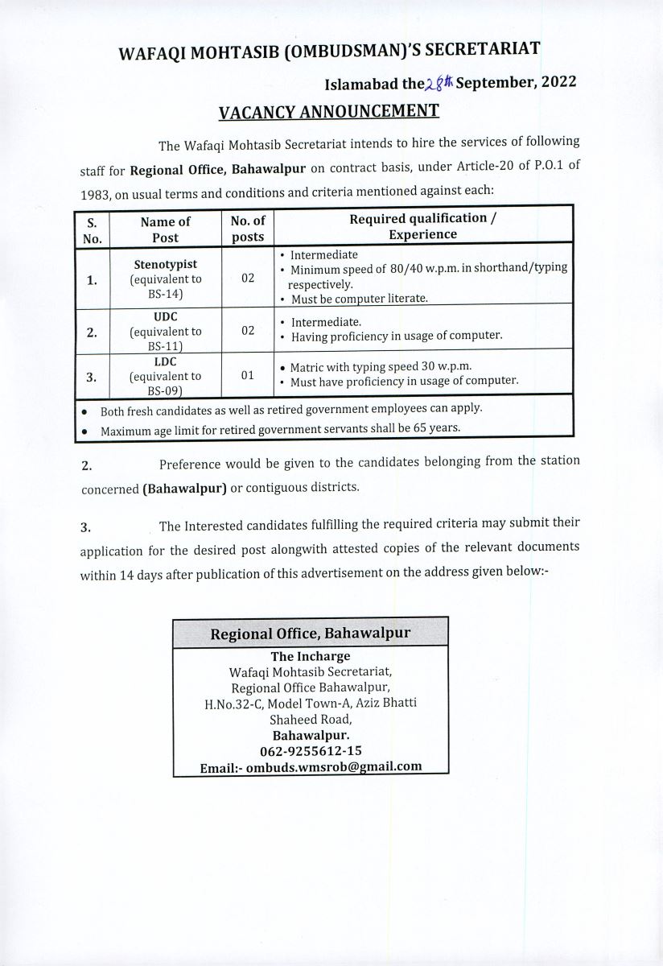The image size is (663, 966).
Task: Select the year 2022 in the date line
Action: (554, 81)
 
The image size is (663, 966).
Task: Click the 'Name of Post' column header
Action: (165, 229)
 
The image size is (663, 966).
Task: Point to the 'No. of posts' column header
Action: (248, 229)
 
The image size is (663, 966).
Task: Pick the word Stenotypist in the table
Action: (165, 264)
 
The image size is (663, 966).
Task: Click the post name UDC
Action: (166, 317)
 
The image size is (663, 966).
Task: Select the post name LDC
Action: (166, 362)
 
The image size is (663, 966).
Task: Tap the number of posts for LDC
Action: (248, 375)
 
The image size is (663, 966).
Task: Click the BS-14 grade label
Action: (166, 295)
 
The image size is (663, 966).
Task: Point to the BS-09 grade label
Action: (166, 390)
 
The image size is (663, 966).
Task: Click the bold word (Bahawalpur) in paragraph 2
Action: (184, 489)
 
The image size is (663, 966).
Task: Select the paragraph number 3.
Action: (85, 528)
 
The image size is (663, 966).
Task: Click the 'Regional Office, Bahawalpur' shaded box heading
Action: (311, 634)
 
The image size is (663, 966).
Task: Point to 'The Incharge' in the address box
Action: (311, 656)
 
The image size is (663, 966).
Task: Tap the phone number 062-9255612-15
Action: (311, 751)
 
